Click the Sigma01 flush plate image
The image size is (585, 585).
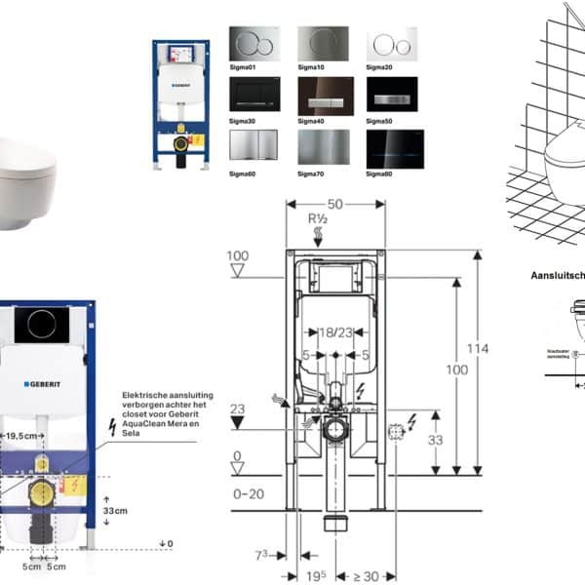click(x=254, y=43)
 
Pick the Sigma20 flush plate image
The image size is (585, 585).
click(x=393, y=43)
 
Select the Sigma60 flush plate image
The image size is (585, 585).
click(x=254, y=145)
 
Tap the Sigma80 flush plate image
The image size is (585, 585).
click(x=393, y=145)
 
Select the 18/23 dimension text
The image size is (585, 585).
click(x=333, y=333)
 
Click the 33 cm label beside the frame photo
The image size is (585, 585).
click(x=117, y=509)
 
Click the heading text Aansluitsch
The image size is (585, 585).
click(x=557, y=276)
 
